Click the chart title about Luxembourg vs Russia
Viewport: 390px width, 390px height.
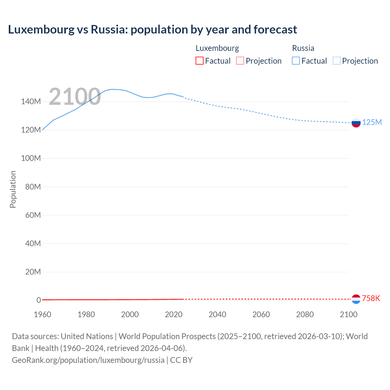(x=152, y=30)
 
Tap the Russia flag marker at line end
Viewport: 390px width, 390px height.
(x=356, y=123)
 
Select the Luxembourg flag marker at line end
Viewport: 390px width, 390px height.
(x=356, y=299)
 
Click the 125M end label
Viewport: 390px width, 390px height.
(x=372, y=122)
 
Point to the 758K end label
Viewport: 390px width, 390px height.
(x=371, y=298)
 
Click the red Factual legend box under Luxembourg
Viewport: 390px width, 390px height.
(x=200, y=61)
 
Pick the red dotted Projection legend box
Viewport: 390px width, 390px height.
(x=240, y=61)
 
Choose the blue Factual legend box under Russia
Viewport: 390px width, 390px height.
(x=296, y=61)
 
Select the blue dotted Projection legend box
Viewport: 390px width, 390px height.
(x=337, y=61)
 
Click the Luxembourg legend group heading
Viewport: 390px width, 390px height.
(x=217, y=48)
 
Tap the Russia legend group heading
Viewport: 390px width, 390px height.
(x=303, y=48)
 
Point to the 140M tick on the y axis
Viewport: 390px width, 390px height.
(x=31, y=101)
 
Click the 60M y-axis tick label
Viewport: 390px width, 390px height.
(x=33, y=215)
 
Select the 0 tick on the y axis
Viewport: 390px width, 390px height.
(x=39, y=300)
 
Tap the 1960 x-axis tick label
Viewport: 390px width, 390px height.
(x=42, y=314)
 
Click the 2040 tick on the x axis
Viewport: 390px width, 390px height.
(x=217, y=314)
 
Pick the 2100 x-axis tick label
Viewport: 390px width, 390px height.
(x=348, y=314)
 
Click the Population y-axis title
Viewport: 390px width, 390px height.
(x=13, y=189)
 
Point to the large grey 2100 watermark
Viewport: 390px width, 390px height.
(x=75, y=97)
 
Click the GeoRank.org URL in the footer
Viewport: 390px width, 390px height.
(x=88, y=360)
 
